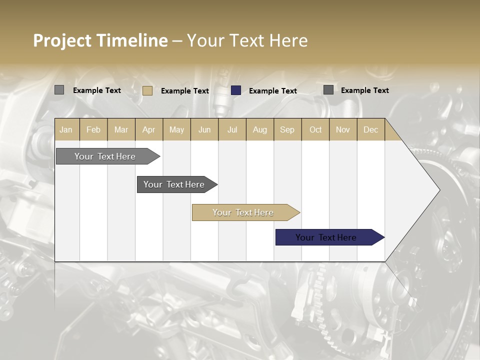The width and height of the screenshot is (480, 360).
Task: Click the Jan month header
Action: coord(66,129)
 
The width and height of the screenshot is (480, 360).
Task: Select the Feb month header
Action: coord(93,129)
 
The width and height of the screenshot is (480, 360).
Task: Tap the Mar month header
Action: coord(121,129)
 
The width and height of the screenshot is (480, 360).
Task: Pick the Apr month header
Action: coord(149,129)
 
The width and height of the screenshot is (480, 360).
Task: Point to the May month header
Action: coord(176,129)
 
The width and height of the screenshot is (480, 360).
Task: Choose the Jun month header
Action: coord(204,129)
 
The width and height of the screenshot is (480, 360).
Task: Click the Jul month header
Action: coord(232,129)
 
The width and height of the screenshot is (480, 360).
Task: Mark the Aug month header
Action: coord(260,129)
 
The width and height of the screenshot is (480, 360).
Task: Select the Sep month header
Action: coord(287,129)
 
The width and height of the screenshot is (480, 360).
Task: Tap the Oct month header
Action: coord(315,129)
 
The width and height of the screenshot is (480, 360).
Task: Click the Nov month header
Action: coord(343,129)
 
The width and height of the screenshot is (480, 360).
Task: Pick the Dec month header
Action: coord(370,129)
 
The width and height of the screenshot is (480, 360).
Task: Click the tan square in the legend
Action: coord(147,90)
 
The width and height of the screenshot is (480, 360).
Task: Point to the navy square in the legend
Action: coord(236,90)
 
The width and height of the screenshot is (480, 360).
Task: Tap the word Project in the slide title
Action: coord(62,40)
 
